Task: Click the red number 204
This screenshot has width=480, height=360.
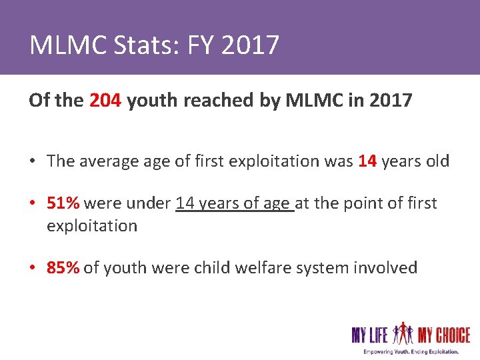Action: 105,101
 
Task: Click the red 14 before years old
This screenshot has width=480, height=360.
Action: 368,161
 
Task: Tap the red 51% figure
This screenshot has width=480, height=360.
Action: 63,203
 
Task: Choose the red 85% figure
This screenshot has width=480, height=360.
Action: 63,268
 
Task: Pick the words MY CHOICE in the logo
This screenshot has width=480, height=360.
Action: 444,333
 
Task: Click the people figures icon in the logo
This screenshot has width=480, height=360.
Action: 403,332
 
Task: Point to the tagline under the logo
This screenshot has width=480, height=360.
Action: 411,351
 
